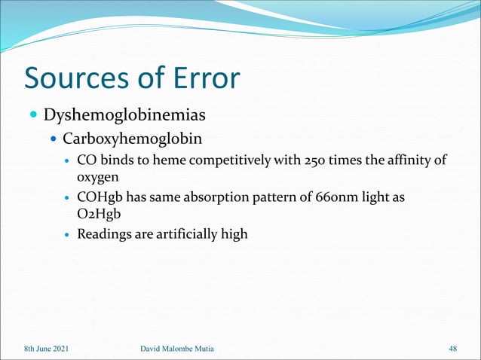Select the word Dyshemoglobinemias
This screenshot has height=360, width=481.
coord(124,116)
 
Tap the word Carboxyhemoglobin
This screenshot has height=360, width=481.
coord(133,139)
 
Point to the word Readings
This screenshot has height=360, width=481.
coord(106,235)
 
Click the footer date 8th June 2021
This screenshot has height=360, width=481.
coord(49,348)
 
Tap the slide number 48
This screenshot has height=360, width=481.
coord(453,348)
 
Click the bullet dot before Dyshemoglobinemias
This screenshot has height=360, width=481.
coord(33,117)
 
